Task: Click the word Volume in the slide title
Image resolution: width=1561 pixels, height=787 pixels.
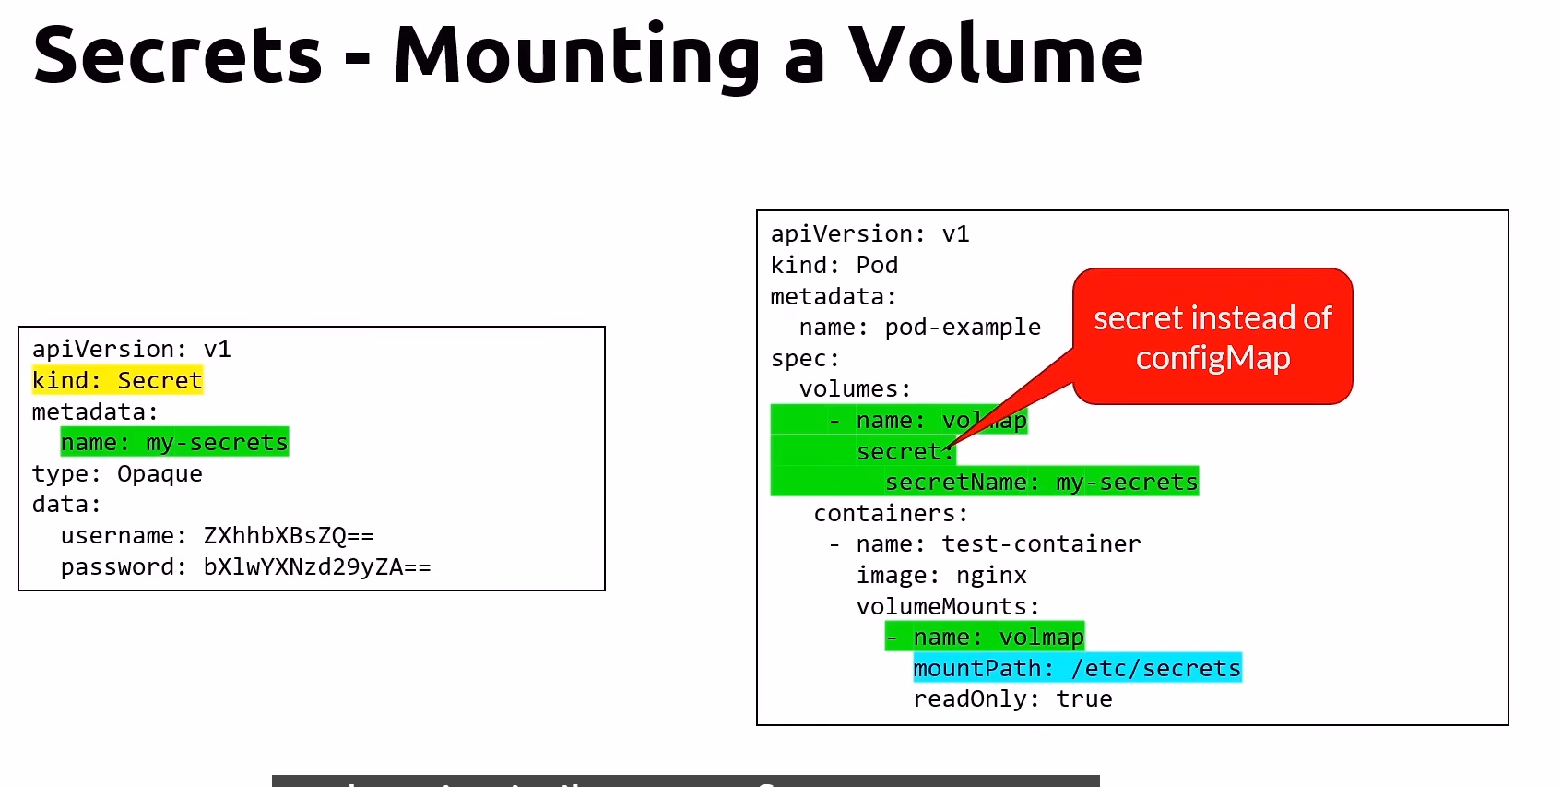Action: pos(996,55)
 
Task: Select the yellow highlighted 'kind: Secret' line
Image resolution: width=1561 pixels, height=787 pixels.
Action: pos(117,380)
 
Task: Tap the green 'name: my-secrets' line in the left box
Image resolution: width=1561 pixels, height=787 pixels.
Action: pos(174,442)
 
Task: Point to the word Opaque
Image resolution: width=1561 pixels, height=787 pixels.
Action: pos(160,473)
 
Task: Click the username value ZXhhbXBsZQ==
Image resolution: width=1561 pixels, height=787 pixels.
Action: pos(289,535)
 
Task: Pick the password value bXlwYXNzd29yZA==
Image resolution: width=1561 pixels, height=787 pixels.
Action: pos(316,566)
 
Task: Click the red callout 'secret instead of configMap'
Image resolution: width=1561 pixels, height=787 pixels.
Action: pos(1212,337)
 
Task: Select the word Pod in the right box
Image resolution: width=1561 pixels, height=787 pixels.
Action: pos(877,265)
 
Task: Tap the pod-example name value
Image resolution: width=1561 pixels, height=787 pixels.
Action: pos(963,327)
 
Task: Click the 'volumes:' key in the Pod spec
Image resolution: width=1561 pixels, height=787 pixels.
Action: pos(855,388)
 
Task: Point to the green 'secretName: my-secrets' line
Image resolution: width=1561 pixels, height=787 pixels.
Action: pos(1041,482)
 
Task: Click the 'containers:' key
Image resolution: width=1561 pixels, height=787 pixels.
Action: pos(891,513)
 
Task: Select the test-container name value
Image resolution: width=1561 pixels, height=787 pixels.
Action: pos(1041,543)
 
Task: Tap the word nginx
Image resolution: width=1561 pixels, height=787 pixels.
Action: pos(991,575)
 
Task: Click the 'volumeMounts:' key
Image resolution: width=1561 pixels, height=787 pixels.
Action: pos(948,606)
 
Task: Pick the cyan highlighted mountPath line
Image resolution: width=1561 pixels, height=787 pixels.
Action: pos(1077,668)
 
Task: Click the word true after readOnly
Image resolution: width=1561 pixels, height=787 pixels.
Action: pos(1084,698)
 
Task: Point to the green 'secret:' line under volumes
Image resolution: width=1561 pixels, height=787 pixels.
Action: pos(904,451)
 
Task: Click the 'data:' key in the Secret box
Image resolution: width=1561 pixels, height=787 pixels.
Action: pos(66,504)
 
